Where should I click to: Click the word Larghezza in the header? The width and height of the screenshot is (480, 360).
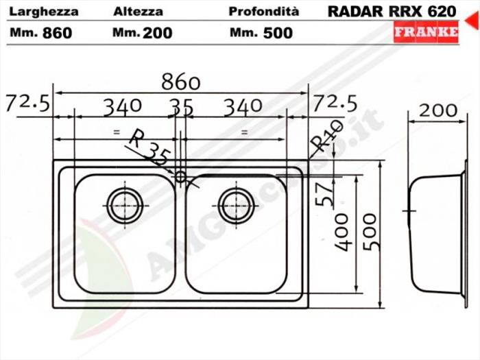tap(45, 12)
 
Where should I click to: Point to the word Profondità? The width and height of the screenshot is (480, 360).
tap(264, 12)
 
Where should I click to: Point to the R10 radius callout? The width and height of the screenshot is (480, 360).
tap(326, 136)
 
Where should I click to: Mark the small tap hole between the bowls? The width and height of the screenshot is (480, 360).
tap(181, 176)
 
